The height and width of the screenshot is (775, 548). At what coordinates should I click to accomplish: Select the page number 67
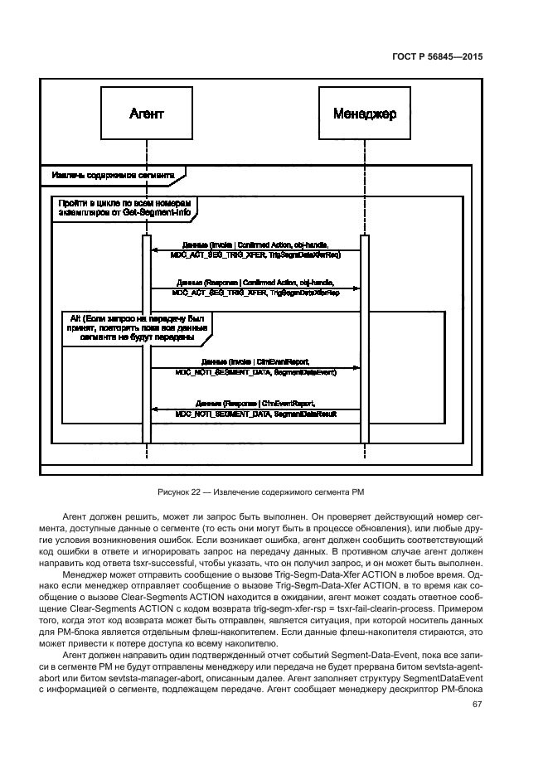[477, 705]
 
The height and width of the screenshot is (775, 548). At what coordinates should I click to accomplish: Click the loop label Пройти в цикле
[125, 207]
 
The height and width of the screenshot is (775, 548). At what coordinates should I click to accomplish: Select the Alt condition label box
[137, 327]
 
